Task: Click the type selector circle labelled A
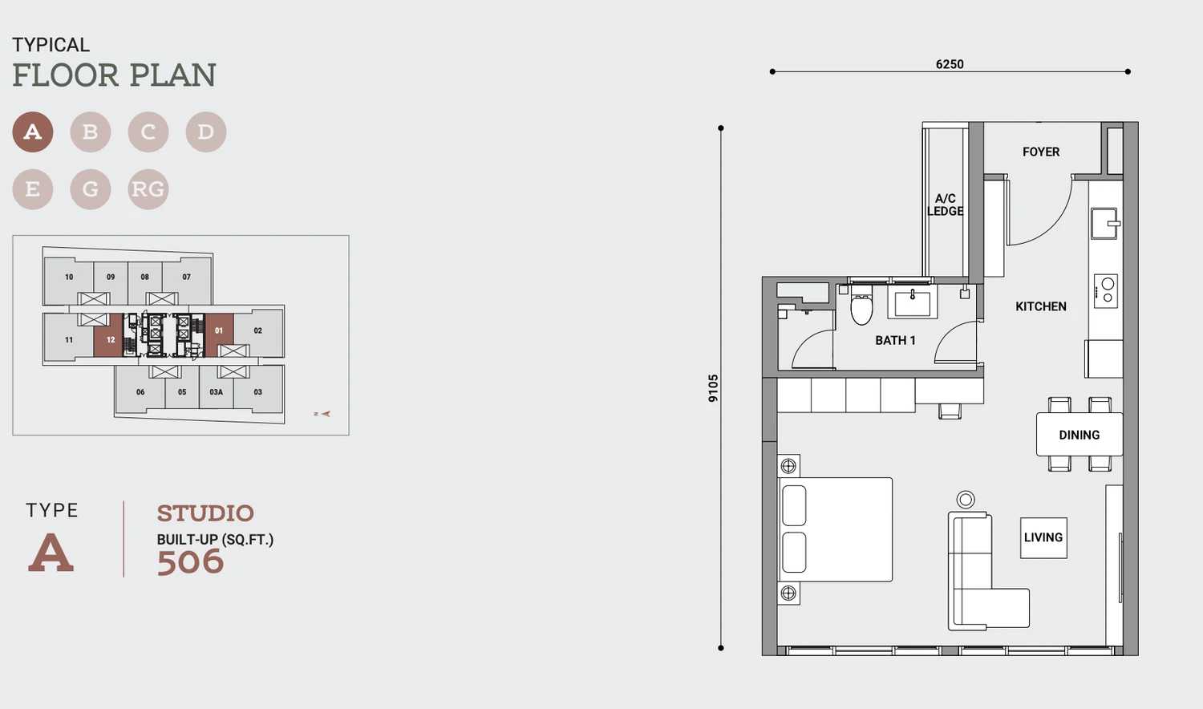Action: click(x=33, y=132)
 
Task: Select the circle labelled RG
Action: click(x=148, y=189)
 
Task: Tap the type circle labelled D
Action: click(x=206, y=132)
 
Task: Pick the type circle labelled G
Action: click(x=90, y=189)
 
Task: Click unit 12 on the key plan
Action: click(x=109, y=337)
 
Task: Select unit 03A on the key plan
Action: click(x=217, y=392)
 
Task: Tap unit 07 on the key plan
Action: click(x=186, y=278)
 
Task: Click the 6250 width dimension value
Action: click(x=950, y=64)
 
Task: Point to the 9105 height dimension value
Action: click(x=713, y=388)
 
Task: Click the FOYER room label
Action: click(x=1041, y=152)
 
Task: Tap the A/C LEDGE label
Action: click(x=946, y=205)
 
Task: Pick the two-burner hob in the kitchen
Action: click(x=1106, y=290)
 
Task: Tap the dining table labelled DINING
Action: click(x=1079, y=435)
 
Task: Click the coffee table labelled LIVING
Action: click(x=1043, y=537)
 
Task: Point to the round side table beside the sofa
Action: click(x=966, y=500)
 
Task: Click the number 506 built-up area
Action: click(x=190, y=562)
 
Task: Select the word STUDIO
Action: click(x=205, y=513)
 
